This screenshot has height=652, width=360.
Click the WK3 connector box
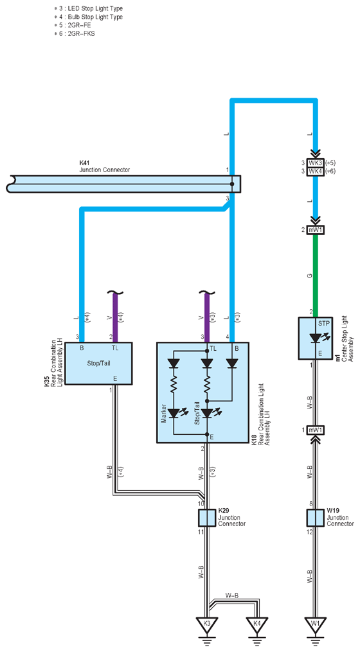tap(315, 163)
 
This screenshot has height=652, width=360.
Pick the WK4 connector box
tap(315, 172)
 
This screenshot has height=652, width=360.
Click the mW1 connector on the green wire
tap(316, 229)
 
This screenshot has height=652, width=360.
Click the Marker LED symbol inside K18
tap(174, 413)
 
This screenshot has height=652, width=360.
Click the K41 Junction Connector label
tap(104, 167)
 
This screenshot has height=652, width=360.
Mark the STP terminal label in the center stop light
tap(324, 322)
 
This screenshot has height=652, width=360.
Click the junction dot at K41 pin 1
tap(232, 184)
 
